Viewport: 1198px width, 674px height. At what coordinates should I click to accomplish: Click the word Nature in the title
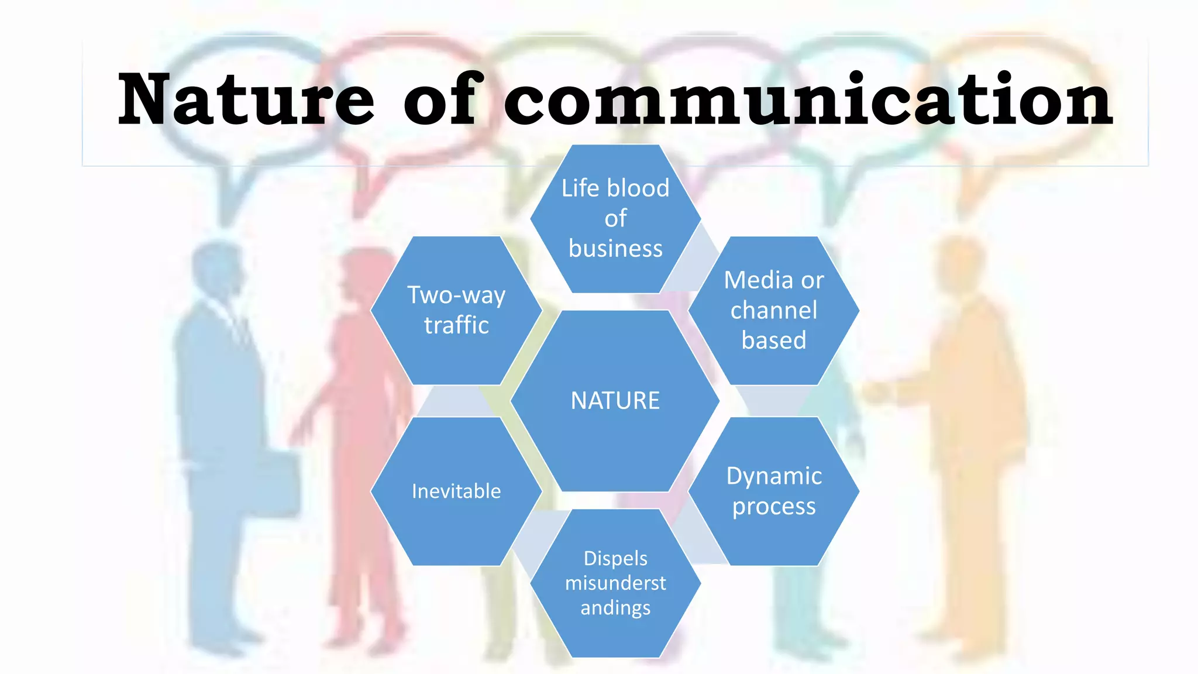click(246, 99)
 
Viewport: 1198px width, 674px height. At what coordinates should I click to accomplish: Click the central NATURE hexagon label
click(615, 401)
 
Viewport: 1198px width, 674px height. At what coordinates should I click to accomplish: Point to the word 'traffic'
click(456, 325)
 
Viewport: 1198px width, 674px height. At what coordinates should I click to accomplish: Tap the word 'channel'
click(773, 310)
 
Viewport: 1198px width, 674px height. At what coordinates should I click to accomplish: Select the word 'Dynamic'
click(774, 476)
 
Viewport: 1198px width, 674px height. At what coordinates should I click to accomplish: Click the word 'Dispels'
click(615, 558)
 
